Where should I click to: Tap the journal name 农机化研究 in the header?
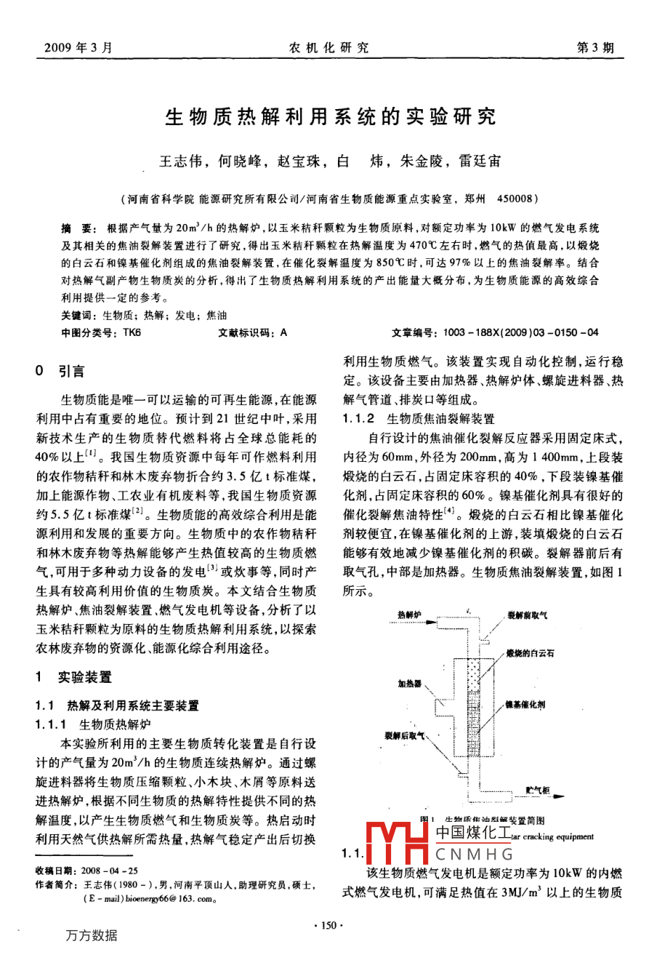(x=328, y=48)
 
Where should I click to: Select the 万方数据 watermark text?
(x=91, y=935)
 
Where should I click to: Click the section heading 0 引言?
(x=61, y=372)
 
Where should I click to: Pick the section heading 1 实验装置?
(x=74, y=677)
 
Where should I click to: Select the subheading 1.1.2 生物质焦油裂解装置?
(x=419, y=418)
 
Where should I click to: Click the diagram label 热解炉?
(x=409, y=615)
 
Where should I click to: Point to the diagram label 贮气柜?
(x=537, y=790)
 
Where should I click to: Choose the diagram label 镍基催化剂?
(x=525, y=705)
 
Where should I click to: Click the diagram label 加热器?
(x=409, y=684)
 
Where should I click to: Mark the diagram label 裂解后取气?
(x=405, y=735)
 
